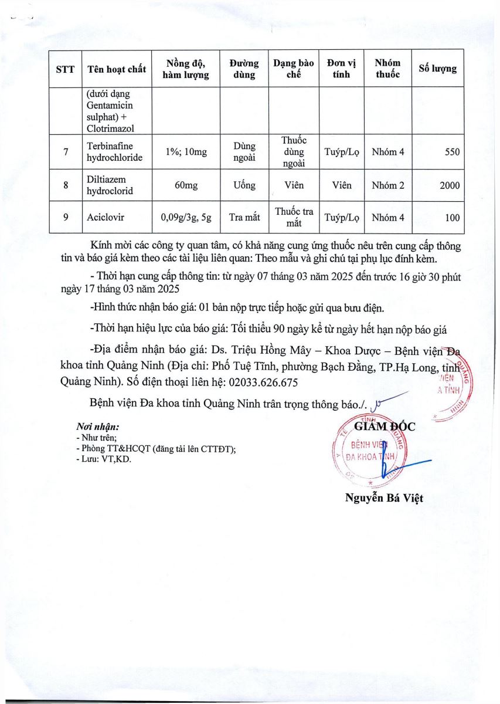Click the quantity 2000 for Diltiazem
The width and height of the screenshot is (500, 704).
click(450, 185)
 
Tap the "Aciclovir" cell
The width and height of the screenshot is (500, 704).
click(103, 218)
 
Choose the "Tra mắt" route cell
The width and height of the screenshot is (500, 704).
click(244, 218)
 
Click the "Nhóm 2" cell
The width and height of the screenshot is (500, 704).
click(387, 185)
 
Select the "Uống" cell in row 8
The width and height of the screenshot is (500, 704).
click(244, 185)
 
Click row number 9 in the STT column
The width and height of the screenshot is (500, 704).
click(66, 218)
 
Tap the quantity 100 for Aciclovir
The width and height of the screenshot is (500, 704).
click(452, 218)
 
